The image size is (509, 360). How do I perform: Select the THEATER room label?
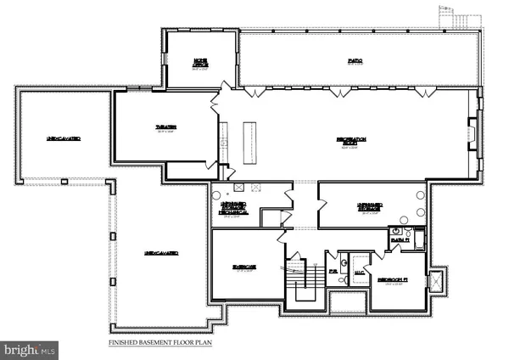[x=165, y=127]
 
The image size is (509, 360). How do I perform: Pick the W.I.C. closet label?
[x=358, y=273]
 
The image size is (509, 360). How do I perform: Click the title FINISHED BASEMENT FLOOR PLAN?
[x=159, y=343]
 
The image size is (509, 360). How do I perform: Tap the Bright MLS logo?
[x=30, y=348]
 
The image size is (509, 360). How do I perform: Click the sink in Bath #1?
[x=395, y=231]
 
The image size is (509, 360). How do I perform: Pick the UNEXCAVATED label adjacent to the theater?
[x=64, y=138]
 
